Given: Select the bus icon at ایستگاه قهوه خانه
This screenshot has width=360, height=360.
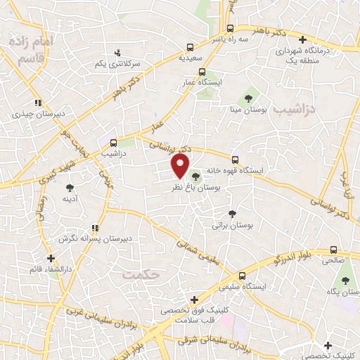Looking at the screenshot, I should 236,160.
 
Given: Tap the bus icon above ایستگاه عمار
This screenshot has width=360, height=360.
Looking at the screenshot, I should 202,72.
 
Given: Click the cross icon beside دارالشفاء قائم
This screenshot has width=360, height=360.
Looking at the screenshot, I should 51,258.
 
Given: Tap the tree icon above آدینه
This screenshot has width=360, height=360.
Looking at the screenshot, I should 70,187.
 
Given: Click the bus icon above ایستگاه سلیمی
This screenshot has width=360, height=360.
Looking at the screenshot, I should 242,276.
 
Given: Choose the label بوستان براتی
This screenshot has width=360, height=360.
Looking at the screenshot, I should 232,226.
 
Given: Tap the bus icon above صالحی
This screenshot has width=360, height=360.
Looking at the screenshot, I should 334,249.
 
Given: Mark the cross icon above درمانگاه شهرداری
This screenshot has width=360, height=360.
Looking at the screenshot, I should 303,40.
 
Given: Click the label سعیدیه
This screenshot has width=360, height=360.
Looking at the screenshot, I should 190,57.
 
